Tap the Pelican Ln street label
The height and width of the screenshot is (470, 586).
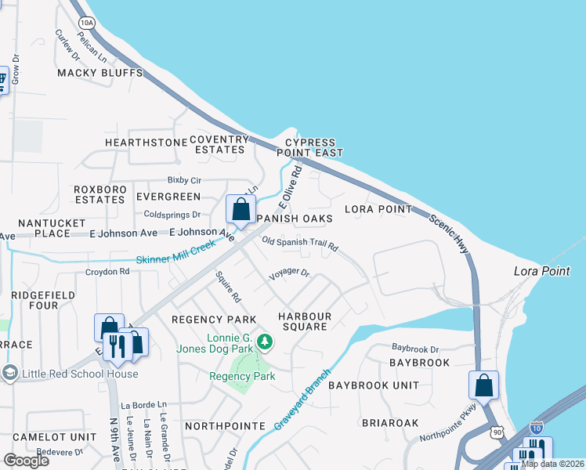[x=92, y=49]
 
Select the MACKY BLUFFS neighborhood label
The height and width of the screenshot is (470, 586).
[x=100, y=73]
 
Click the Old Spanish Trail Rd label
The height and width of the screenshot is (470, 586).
[x=299, y=244]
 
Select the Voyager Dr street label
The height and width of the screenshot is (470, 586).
[x=290, y=274]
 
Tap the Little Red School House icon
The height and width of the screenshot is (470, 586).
[x=9, y=373]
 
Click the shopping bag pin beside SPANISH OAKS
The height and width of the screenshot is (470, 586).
[x=240, y=211]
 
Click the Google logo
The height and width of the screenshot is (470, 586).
[x=27, y=461]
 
